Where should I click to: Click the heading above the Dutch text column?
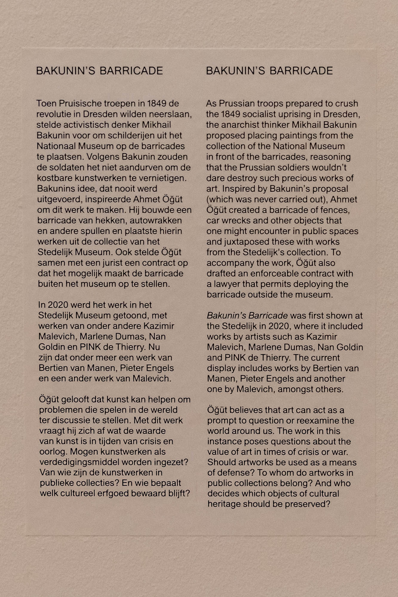pyautogui.click(x=99, y=71)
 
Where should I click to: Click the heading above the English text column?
pyautogui.click(x=269, y=71)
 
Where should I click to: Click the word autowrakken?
pyautogui.click(x=156, y=221)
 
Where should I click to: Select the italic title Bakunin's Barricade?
pyautogui.click(x=247, y=316)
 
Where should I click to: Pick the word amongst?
pyautogui.click(x=293, y=390)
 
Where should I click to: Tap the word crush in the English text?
pyautogui.click(x=347, y=104)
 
